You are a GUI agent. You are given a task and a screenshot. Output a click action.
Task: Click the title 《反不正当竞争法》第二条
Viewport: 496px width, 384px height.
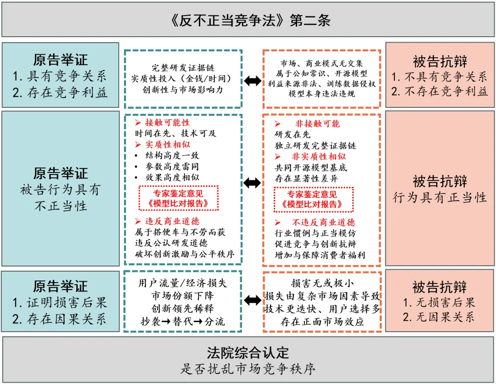pos(248,20)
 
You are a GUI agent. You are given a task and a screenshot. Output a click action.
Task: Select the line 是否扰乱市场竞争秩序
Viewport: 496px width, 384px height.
pos(248,368)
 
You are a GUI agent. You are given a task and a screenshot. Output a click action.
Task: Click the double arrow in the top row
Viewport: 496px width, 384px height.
pos(252,81)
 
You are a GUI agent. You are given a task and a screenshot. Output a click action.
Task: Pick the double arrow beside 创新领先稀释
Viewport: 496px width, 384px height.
pos(252,301)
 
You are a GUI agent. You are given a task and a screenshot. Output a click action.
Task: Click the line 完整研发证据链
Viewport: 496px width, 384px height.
pos(183,67)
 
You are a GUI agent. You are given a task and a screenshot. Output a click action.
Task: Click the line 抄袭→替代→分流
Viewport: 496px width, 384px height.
pos(183,321)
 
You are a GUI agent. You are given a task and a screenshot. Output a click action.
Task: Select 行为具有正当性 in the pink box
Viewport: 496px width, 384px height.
pos(440,198)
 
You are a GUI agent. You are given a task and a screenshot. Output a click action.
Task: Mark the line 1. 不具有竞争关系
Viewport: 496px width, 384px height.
pos(440,77)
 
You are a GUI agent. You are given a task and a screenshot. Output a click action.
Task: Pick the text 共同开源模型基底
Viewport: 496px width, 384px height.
pos(311,167)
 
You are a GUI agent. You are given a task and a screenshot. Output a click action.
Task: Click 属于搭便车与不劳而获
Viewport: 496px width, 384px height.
pos(180,233)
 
